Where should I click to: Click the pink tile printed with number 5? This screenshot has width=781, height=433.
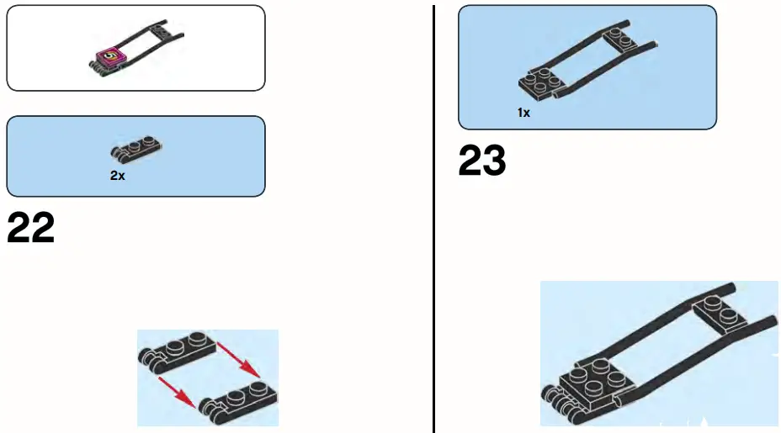click(109, 58)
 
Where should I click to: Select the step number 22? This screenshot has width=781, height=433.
click(31, 228)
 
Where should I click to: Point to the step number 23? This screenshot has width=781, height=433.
click(482, 161)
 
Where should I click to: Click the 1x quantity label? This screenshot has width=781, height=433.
click(523, 112)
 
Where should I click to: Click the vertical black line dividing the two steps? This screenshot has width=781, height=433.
click(433, 252)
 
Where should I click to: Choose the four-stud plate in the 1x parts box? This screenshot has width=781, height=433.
click(539, 82)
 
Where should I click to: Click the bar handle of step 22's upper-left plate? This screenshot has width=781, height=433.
click(148, 359)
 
